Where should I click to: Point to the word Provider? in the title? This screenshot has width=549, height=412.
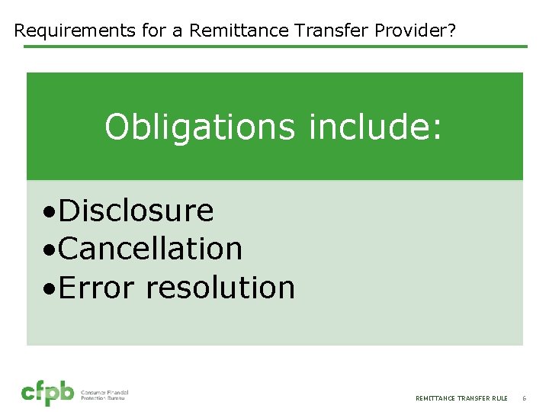coord(419,31)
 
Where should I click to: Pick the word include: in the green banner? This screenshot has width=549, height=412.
coord(375,127)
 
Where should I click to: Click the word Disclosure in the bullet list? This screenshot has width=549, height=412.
coord(136,211)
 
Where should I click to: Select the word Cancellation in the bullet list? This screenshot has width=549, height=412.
coord(150,249)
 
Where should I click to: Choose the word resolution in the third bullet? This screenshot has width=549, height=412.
coord(220,288)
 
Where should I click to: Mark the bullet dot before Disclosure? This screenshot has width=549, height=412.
coord(49,212)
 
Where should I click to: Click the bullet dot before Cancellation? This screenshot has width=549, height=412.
coord(49,250)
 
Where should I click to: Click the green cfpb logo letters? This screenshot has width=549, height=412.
coord(47,393)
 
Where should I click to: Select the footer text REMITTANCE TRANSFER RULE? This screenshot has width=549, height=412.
coord(461,398)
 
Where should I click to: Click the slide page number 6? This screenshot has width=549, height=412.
coord(524,398)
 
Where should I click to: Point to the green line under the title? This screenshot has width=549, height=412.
coord(274,47)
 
